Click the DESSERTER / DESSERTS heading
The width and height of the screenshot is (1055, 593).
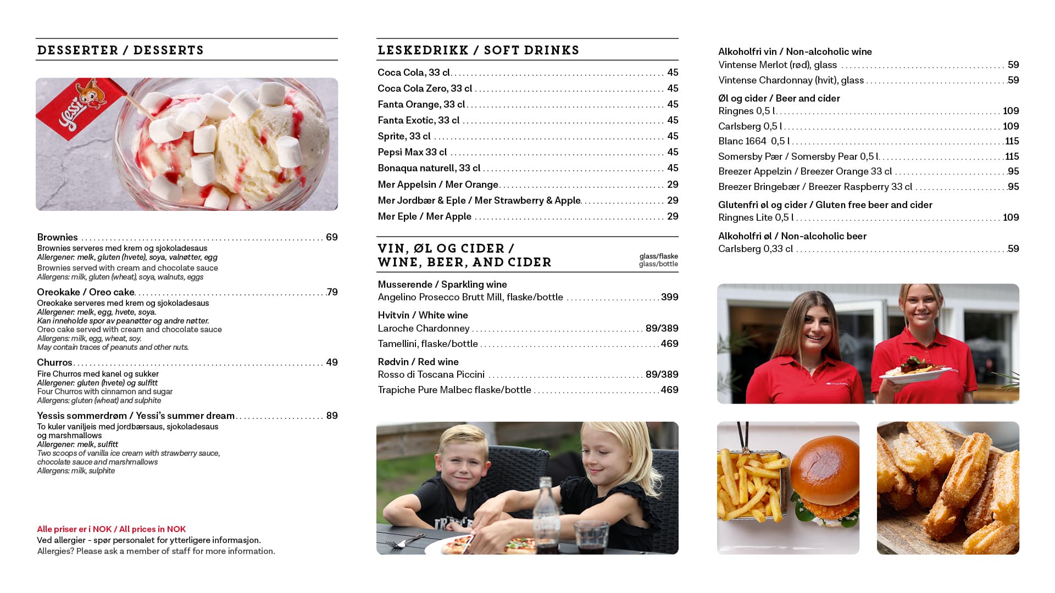point(120,50)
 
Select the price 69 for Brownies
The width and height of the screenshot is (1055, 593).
point(331,237)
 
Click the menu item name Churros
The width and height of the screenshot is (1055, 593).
point(54,362)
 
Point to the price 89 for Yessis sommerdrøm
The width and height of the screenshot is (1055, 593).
point(331,416)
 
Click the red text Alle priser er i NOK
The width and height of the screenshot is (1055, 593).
point(111,529)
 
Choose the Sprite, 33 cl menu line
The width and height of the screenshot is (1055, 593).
point(404,136)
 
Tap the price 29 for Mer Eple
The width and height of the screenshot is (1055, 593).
point(673,216)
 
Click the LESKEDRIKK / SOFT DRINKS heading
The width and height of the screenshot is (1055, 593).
point(478,50)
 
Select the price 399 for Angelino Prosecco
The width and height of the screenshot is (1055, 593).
point(669,297)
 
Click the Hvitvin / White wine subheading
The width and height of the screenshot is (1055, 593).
point(423,315)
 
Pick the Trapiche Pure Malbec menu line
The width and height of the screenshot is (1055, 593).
point(454,390)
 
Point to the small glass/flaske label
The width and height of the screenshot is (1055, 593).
point(658,256)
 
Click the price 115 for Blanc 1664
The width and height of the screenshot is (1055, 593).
point(1012,141)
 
